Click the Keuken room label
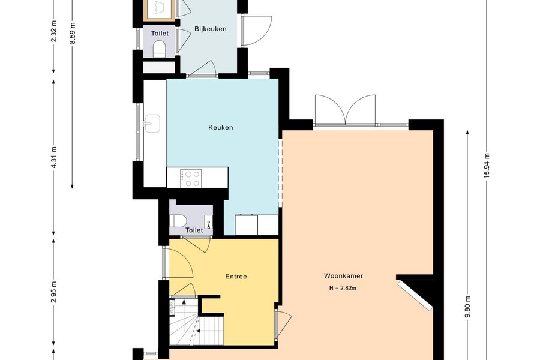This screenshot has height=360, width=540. [221, 127]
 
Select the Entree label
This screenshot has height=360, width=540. [236, 276]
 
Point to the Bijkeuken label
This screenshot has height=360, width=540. [211, 29]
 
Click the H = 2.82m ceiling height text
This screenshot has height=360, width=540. [343, 288]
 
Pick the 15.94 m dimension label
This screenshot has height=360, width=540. [487, 166]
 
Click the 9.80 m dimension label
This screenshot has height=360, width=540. [467, 308]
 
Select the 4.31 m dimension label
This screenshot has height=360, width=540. [54, 157]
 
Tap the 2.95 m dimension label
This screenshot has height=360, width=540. [54, 292]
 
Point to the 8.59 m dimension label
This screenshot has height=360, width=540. [73, 33]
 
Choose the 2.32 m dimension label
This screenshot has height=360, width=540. [54, 31]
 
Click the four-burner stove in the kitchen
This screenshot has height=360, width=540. [191, 178]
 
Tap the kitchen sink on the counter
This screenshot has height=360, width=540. [152, 124]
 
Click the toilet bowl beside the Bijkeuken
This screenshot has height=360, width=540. [159, 49]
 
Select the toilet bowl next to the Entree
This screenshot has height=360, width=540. [178, 220]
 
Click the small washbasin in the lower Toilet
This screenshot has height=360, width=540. [209, 222]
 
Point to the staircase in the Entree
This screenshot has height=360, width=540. [196, 322]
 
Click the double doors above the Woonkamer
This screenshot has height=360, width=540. [346, 109]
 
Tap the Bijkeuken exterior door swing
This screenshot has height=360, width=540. [257, 31]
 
